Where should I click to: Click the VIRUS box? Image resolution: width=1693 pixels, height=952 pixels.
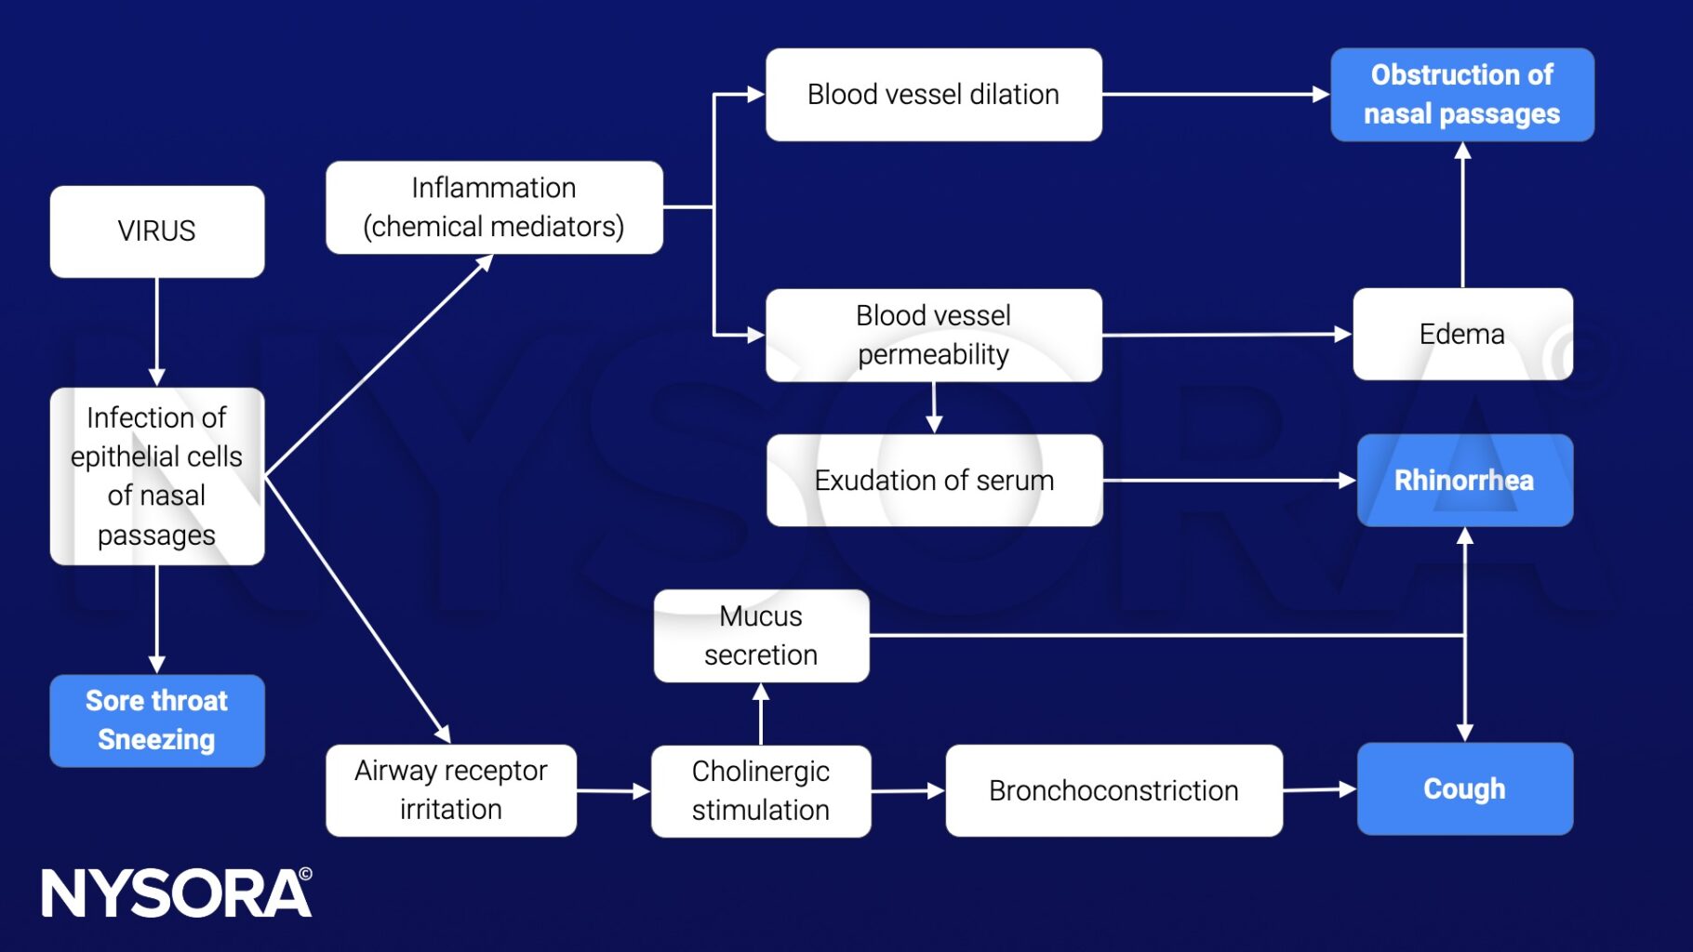156,231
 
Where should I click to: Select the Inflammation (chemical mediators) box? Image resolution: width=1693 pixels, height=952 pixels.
494,207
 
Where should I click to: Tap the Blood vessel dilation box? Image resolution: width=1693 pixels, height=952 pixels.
933,95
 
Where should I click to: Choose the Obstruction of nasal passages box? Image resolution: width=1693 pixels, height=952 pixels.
1461,95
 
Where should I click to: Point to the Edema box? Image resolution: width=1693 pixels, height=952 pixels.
1461,334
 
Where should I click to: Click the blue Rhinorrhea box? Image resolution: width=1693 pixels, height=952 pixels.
1464,481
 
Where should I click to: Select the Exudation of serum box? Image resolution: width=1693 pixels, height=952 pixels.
934,481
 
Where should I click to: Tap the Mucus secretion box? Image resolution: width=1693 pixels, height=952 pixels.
761,636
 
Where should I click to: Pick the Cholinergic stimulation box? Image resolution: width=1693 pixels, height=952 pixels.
761,791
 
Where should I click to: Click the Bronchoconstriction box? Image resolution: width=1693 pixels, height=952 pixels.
1113,791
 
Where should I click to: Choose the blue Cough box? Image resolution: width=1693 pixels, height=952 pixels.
1464,789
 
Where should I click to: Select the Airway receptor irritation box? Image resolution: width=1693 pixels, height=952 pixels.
450,790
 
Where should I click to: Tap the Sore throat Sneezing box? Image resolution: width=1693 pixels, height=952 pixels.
156,721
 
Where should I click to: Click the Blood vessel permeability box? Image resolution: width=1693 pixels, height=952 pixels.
933,335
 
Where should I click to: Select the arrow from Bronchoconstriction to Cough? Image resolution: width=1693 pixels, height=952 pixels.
1319,790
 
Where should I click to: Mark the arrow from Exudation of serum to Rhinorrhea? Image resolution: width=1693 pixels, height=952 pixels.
1228,481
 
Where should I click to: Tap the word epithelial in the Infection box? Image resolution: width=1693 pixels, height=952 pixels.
156,456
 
